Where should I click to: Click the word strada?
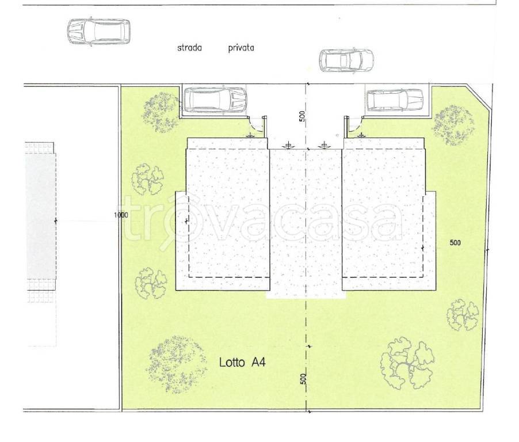190,48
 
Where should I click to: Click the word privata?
241,48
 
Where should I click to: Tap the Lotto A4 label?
242,362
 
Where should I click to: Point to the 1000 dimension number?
121,215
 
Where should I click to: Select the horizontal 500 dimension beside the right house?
455,243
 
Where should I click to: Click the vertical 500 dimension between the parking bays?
302,116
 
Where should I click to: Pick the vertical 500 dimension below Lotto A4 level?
303,379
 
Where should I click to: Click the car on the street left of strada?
98,32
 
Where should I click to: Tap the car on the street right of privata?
346,60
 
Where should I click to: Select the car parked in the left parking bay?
215,100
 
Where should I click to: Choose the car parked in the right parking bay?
395,100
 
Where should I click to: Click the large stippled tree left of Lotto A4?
177,364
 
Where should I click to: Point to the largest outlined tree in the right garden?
407,363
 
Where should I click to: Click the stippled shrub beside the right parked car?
453,125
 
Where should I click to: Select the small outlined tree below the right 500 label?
463,315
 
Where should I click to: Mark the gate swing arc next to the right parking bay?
354,125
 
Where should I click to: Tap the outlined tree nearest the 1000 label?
148,179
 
